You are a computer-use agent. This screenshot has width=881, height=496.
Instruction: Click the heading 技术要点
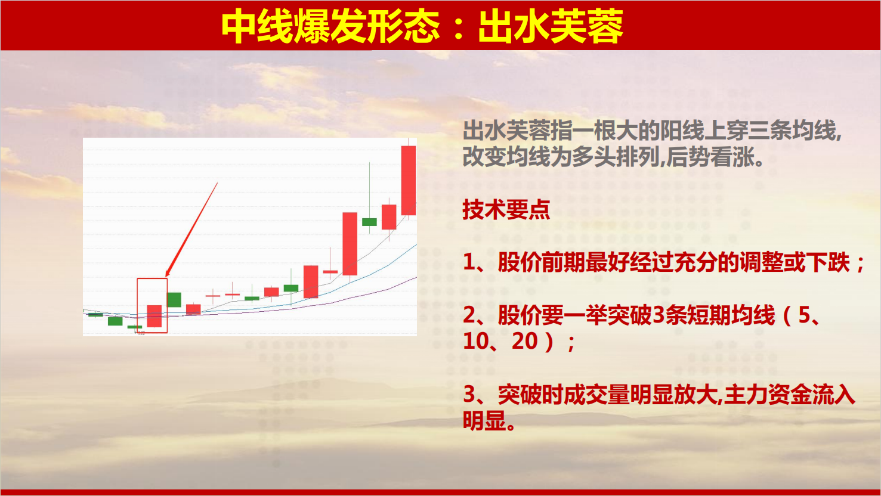tap(506, 209)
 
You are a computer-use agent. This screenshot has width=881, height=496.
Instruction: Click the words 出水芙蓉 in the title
tap(551, 26)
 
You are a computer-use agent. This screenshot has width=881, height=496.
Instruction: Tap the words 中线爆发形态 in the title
tap(330, 26)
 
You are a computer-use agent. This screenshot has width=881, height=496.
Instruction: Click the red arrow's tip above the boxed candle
tap(166, 277)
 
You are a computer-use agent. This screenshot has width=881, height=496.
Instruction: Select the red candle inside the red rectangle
tap(154, 316)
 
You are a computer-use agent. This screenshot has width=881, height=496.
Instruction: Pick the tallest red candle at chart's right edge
tap(409, 180)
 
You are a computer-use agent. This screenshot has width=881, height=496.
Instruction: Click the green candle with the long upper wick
tap(369, 222)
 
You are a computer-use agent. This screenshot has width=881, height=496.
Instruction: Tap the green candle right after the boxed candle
tap(174, 300)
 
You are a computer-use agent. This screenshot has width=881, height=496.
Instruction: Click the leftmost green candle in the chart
tap(95, 314)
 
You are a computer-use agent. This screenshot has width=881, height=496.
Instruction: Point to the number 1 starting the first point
tap(469, 262)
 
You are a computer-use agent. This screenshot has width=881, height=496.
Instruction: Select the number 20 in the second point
tap(525, 341)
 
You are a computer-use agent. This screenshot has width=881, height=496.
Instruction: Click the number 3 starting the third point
tap(469, 395)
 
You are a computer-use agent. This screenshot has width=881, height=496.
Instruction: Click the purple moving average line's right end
tap(416, 277)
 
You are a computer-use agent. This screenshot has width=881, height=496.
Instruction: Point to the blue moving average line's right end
tap(416, 245)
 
